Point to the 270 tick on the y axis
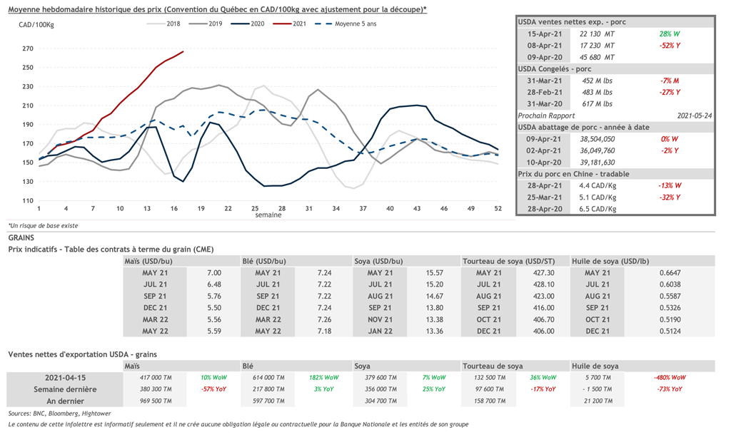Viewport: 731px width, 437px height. click(x=28, y=49)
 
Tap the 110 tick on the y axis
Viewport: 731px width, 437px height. click(x=28, y=200)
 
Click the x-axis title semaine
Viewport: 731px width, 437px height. click(x=269, y=215)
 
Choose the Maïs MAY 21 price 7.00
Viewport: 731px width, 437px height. click(x=214, y=273)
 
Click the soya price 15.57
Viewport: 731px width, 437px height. click(x=435, y=273)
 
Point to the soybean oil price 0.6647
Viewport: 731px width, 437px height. click(x=670, y=273)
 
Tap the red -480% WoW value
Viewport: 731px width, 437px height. click(x=670, y=377)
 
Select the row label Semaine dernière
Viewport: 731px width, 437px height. click(x=65, y=389)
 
